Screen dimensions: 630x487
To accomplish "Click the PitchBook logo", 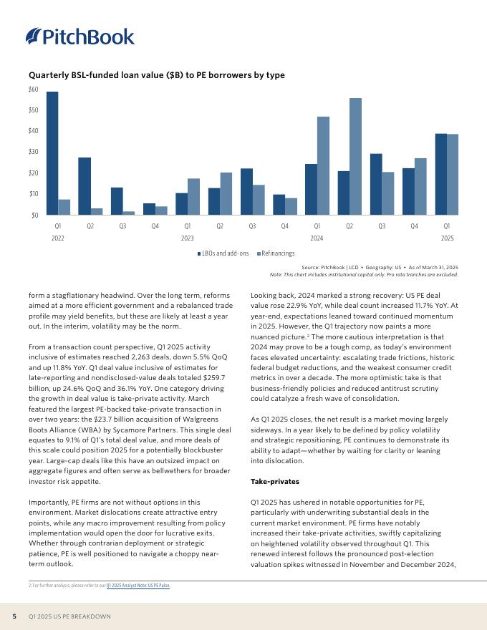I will [79, 37].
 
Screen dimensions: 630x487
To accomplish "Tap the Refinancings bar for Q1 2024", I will [323, 165].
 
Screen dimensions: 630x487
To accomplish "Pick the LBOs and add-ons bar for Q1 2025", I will [441, 174].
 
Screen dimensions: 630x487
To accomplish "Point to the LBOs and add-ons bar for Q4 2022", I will [149, 209].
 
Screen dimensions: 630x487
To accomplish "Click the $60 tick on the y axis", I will [33, 89].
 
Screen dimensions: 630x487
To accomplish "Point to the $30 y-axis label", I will [33, 152].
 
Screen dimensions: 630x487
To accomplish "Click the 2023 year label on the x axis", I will [188, 238].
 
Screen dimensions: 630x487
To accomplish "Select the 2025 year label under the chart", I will [447, 238].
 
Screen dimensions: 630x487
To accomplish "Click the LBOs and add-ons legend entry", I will [223, 253].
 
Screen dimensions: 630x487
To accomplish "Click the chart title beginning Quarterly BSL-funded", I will [157, 75].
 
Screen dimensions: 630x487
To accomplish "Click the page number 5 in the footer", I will [14, 616].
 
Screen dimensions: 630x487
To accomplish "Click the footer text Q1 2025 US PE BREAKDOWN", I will [69, 616].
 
